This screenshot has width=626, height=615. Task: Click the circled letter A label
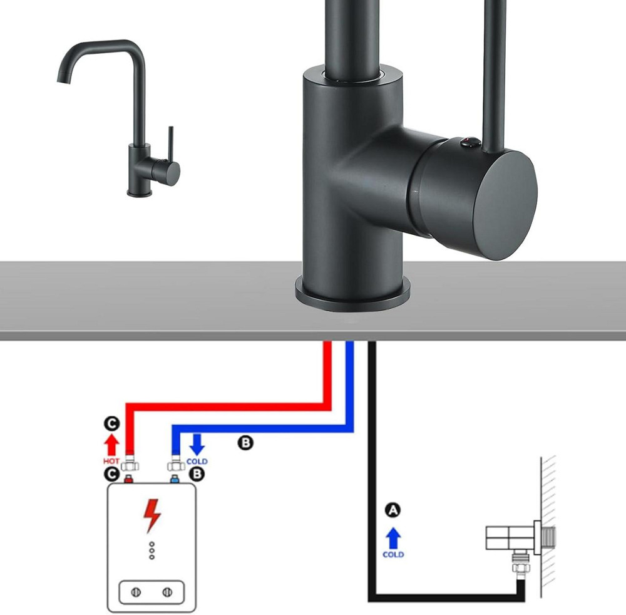click(393, 510)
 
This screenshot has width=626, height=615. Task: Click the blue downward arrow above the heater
click(197, 445)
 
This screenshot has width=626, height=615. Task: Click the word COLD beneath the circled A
click(393, 554)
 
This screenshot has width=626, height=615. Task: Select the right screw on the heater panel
click(167, 592)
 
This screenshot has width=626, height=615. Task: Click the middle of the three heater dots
click(151, 550)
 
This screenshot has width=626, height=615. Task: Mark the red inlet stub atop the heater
click(130, 480)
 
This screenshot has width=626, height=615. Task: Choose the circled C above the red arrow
click(111, 425)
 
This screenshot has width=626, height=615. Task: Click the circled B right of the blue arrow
click(245, 443)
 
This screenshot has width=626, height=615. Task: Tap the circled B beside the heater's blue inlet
click(197, 474)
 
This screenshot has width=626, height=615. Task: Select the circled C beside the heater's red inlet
click(111, 474)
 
